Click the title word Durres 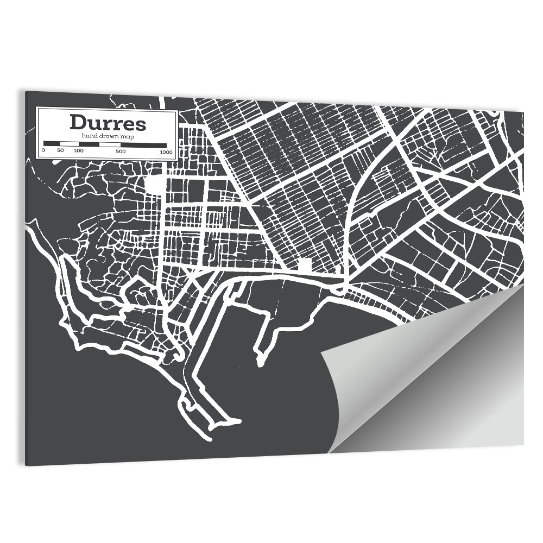point(108,123)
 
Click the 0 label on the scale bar point(43,150)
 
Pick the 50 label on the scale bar point(60,150)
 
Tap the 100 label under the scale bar point(79,150)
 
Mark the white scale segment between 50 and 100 point(69,144)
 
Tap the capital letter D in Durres point(77,123)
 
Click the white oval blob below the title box point(155,183)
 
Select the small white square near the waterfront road point(305,266)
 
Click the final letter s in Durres point(141,124)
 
